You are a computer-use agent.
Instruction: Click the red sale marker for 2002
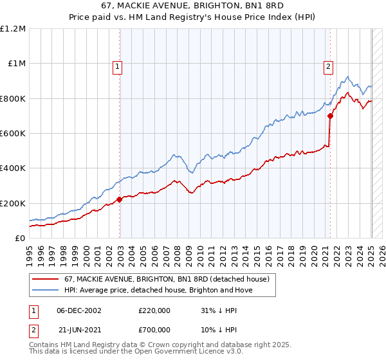point(120,200)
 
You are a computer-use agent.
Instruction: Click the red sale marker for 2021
point(330,116)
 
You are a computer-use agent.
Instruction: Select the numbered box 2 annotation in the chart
point(329,66)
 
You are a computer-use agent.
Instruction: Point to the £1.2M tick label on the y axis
point(13,29)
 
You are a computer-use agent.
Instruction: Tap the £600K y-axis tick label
point(13,134)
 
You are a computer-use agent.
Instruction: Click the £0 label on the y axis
point(20,239)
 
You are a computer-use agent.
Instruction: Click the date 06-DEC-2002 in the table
point(79,310)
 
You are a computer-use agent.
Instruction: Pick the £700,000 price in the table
point(154,329)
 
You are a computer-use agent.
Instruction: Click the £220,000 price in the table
point(154,310)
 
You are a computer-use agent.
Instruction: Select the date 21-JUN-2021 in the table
point(78,329)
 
